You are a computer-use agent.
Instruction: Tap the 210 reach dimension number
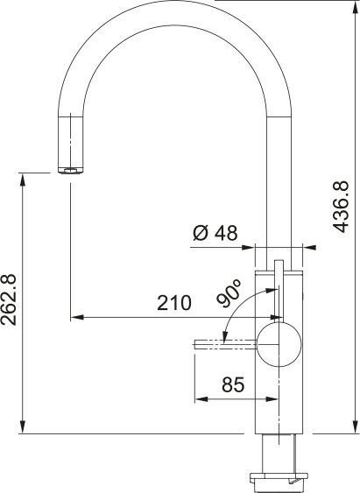(x=174, y=304)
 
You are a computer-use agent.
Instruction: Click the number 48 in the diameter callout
(x=226, y=233)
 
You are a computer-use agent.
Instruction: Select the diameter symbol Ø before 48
(x=199, y=233)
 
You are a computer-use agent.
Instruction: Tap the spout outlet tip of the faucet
(x=70, y=169)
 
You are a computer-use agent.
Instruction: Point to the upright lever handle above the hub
(x=279, y=289)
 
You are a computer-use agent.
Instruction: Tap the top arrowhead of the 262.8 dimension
(x=21, y=178)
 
